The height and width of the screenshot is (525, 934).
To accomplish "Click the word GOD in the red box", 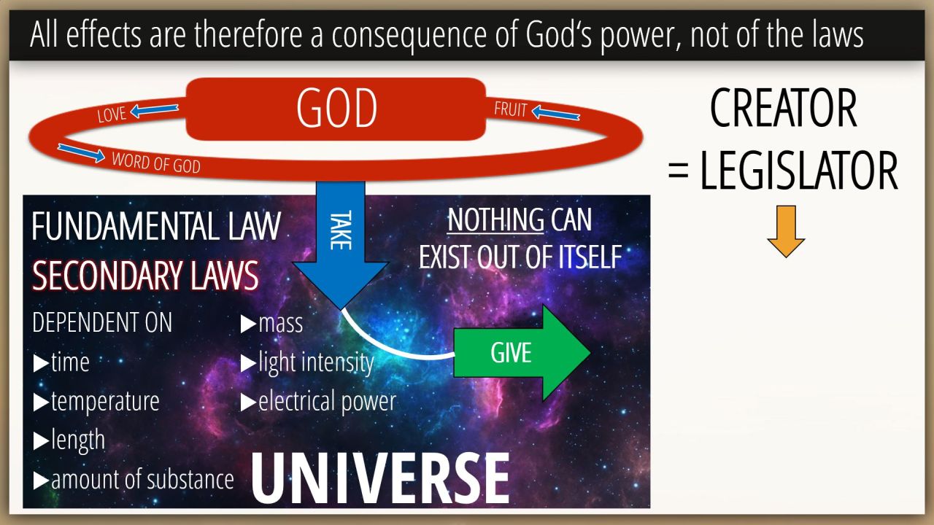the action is (x=336, y=108).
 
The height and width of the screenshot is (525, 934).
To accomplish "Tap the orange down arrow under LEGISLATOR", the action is (x=786, y=231).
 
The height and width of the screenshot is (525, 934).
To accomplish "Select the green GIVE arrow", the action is (x=522, y=353).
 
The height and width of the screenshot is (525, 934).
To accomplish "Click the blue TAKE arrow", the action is (x=341, y=245).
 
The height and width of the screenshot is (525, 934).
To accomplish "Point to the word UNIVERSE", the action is (x=380, y=478).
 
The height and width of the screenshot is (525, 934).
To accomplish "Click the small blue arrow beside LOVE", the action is (x=154, y=110).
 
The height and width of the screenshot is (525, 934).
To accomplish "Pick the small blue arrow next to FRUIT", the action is (x=555, y=112).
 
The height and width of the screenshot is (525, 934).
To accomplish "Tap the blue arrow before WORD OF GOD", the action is (x=81, y=153).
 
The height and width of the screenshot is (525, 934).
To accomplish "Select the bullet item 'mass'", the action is (x=272, y=324).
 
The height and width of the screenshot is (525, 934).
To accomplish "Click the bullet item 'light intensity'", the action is (x=307, y=362).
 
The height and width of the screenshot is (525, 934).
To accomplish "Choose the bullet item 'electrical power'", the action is (x=319, y=401).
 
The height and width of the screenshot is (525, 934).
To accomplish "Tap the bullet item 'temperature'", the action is (x=96, y=402).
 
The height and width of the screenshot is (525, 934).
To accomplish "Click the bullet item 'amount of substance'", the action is (x=134, y=479).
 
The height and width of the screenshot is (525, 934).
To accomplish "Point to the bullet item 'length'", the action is (x=69, y=440).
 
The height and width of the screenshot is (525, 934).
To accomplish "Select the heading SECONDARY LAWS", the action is (x=145, y=275).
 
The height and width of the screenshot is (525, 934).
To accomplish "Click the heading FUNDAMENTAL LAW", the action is (x=156, y=226).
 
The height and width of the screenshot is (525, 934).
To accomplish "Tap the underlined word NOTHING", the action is (x=495, y=219).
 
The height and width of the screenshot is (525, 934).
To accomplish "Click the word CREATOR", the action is (x=783, y=108).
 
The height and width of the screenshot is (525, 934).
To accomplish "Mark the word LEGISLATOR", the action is (x=798, y=171).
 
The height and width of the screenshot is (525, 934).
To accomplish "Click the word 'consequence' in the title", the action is (x=409, y=35).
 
